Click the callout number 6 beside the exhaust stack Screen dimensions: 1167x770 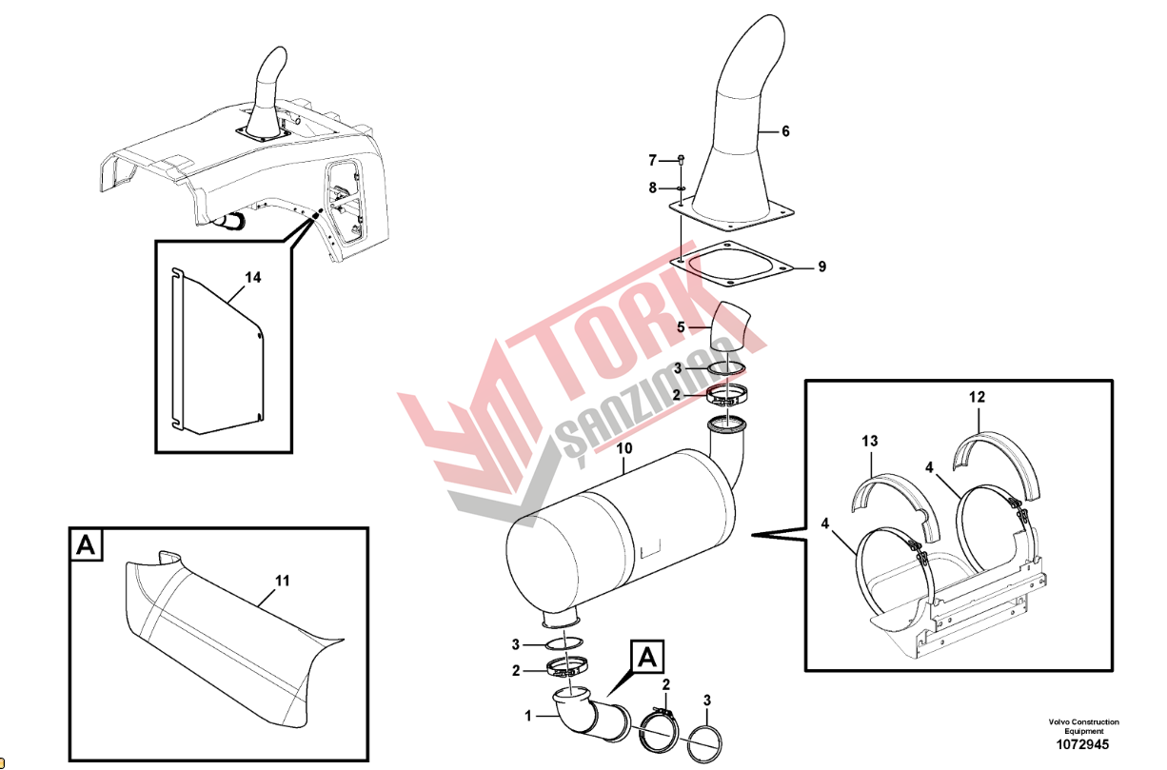[x=785, y=131]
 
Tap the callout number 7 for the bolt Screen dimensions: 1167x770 [x=652, y=161]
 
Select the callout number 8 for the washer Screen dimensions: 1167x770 [x=652, y=188]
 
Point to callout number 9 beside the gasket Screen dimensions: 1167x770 [x=822, y=267]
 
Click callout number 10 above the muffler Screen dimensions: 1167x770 [x=624, y=448]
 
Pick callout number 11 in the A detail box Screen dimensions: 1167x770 [x=283, y=581]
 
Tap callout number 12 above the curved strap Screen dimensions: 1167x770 [x=978, y=397]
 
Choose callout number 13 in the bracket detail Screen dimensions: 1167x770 [x=870, y=442]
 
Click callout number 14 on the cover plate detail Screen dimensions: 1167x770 [x=253, y=278]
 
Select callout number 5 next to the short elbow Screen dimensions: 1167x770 [x=681, y=327]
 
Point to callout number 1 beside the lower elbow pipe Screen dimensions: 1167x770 [x=527, y=717]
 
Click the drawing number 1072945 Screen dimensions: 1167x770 [x=1082, y=745]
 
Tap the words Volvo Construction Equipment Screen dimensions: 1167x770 [x=1083, y=726]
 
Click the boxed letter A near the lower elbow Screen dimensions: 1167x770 [x=647, y=657]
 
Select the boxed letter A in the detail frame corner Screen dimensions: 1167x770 [x=86, y=545]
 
